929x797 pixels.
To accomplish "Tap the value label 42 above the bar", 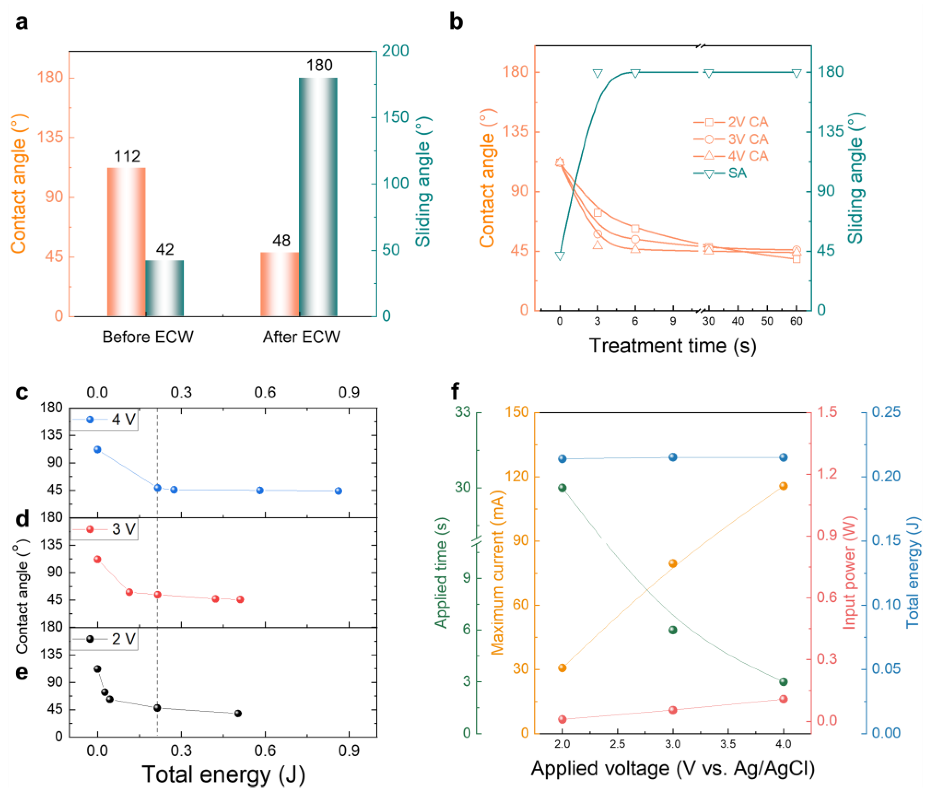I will pyautogui.click(x=165, y=249).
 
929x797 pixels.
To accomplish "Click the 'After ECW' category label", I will pyautogui.click(x=301, y=337).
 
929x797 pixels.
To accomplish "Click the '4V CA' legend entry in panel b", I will pyautogui.click(x=731, y=156).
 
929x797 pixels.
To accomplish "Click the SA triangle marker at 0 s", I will pyautogui.click(x=560, y=256).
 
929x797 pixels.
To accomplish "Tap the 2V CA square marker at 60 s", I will pyautogui.click(x=796, y=259).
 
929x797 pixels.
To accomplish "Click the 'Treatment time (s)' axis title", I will pyautogui.click(x=673, y=346).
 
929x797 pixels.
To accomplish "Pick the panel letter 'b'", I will pyautogui.click(x=456, y=21).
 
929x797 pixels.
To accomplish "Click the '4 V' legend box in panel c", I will pyautogui.click(x=104, y=420).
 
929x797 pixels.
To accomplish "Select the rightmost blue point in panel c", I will pyautogui.click(x=339, y=491).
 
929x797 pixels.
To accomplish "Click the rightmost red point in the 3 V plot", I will pyautogui.click(x=240, y=599).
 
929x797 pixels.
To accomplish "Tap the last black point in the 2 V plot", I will pyautogui.click(x=238, y=713).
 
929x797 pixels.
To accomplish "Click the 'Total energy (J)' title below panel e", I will pyautogui.click(x=223, y=774).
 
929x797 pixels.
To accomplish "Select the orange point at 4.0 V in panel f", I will pyautogui.click(x=783, y=486).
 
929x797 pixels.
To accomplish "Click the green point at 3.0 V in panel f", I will pyautogui.click(x=673, y=630).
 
